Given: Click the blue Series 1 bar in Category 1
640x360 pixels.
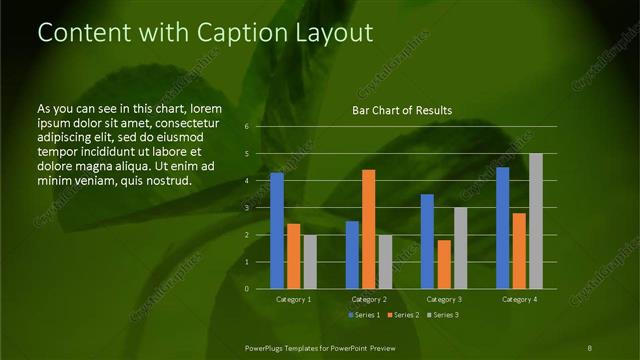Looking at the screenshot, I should [x=277, y=231].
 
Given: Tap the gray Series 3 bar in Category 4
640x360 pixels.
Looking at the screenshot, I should [x=536, y=221].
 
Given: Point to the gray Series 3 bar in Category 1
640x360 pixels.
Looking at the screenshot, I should [x=310, y=262].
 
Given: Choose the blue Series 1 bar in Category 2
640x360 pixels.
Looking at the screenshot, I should [x=352, y=255].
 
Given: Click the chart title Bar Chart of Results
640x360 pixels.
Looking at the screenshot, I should [x=402, y=110].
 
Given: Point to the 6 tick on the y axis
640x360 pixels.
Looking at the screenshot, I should [x=247, y=127].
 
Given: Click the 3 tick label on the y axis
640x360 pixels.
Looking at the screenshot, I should [x=247, y=208].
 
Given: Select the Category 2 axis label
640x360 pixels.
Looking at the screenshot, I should [x=369, y=299].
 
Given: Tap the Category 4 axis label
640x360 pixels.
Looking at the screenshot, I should [x=519, y=299].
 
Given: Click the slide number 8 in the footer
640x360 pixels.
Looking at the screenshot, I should [x=590, y=347].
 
